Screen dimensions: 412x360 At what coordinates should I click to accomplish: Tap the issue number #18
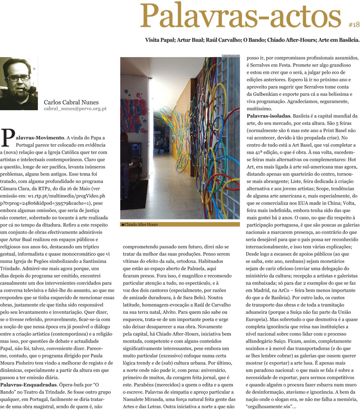354,24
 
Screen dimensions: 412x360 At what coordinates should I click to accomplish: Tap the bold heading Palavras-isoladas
268,116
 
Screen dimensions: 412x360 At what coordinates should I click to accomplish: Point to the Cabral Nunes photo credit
230,55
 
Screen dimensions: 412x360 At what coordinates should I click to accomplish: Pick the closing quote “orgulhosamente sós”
268,406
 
